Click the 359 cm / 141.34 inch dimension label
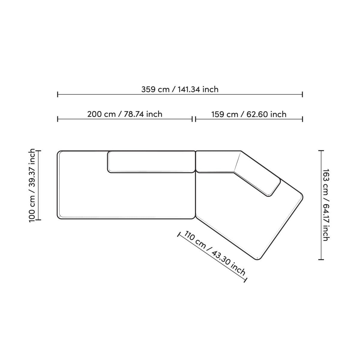180,89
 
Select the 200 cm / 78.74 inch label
125,114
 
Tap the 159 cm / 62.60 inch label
249,114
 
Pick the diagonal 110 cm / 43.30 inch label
215,253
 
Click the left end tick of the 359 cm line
58,95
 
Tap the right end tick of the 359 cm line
302,95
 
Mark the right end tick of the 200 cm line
192,119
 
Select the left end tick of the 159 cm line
196,119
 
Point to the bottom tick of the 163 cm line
321,259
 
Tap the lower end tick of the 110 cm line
246,280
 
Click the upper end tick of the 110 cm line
179,234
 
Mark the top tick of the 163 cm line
321,151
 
